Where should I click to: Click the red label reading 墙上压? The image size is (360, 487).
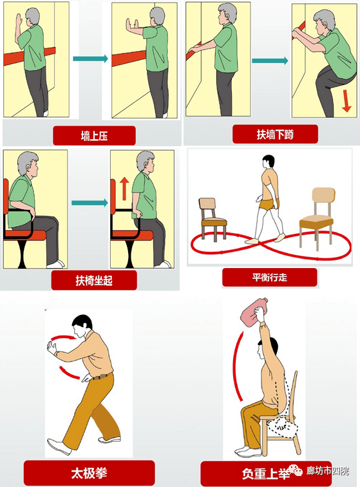click(x=94, y=136)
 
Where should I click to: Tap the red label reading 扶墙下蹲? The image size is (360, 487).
click(x=275, y=135)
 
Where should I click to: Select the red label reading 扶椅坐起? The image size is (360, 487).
click(x=94, y=280)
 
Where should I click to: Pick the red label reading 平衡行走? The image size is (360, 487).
click(x=270, y=278)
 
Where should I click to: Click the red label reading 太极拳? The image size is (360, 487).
click(x=89, y=473)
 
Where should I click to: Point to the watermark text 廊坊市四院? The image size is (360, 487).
click(x=328, y=471)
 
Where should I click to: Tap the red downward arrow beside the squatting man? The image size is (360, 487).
click(x=346, y=100)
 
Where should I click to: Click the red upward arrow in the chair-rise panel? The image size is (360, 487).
click(x=124, y=189)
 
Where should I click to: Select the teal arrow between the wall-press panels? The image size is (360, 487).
click(x=90, y=59)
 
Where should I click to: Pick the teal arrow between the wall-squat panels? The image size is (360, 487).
click(x=270, y=61)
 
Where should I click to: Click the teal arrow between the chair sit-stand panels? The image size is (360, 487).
click(x=90, y=203)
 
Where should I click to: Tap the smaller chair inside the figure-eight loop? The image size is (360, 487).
click(x=213, y=218)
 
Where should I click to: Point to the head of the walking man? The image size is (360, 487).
click(x=269, y=162)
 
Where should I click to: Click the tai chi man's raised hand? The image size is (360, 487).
click(x=52, y=348)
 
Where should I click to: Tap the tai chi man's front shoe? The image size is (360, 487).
click(x=59, y=446)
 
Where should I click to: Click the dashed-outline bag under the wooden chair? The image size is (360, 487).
click(x=281, y=427)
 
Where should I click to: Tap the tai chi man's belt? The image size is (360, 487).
click(x=101, y=377)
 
